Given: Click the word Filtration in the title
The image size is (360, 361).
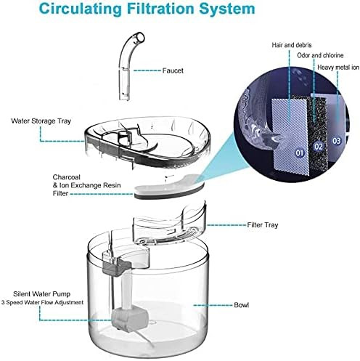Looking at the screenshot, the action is click(x=161, y=9).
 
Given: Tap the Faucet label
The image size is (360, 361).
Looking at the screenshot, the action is click(x=173, y=70).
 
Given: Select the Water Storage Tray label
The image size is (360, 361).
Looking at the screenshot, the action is click(x=41, y=121).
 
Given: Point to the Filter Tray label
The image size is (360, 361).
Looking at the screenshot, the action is click(x=263, y=225).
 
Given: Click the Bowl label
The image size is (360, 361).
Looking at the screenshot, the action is click(x=241, y=305).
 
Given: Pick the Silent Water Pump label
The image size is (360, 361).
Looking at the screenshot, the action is click(x=42, y=294).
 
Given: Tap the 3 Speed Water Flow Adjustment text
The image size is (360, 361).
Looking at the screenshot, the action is click(x=42, y=303).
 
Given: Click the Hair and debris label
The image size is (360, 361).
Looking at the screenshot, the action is click(x=292, y=45).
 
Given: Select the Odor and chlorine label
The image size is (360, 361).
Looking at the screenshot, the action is click(x=320, y=55).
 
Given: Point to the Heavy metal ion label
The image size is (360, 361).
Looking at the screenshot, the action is click(x=338, y=68).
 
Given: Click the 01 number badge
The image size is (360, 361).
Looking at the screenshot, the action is click(x=300, y=153).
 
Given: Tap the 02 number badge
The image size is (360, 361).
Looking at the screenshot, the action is click(x=319, y=147).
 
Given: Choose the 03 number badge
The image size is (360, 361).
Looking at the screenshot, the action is click(x=337, y=141).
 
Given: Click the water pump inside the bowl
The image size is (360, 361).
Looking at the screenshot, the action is click(x=129, y=318).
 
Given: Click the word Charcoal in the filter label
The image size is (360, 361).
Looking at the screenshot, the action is click(x=67, y=177).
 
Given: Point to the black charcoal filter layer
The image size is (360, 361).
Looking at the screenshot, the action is click(x=317, y=131).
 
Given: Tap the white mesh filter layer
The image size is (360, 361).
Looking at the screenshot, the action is click(x=290, y=136).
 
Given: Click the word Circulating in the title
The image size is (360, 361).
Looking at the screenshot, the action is click(x=81, y=9).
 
